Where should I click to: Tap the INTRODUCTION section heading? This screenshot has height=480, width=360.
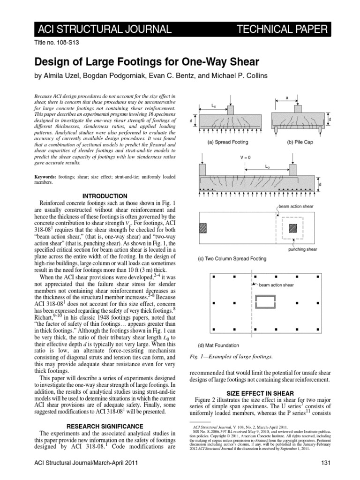coord(105,195)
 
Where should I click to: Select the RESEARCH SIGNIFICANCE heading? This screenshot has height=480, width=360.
coord(105,426)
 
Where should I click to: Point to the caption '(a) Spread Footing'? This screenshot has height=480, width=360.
coord(228,141)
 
